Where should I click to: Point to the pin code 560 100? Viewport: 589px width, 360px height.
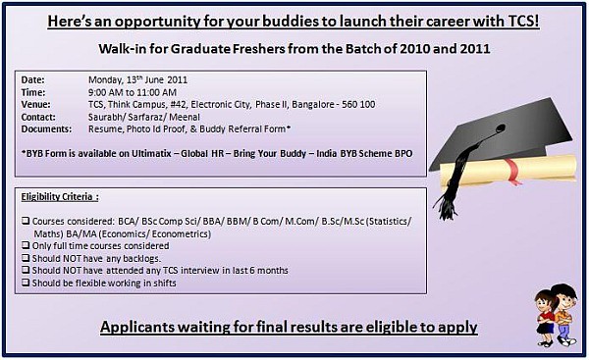(x=356, y=104)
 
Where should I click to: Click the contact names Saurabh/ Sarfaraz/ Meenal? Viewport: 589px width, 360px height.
(x=130, y=117)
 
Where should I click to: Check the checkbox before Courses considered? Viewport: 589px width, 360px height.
(x=25, y=223)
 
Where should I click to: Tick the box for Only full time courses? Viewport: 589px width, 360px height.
(x=25, y=247)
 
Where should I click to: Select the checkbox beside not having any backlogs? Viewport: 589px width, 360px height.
(x=25, y=259)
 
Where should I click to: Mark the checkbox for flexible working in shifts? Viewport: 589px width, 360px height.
(x=25, y=283)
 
